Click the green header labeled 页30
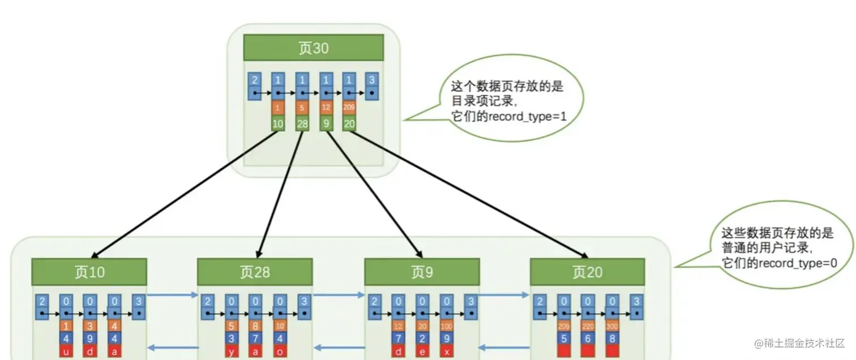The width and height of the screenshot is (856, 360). coord(313,48)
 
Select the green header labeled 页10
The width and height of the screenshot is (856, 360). coord(89,272)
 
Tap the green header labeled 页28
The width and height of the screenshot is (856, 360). coord(255,272)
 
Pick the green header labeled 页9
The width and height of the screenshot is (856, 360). coord(422,272)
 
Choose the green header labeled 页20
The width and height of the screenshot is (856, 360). coord(587,272)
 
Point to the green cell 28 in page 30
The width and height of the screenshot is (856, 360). coord(302,123)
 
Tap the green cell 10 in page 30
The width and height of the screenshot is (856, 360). coord(277,123)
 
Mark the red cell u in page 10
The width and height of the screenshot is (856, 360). coord(66,352)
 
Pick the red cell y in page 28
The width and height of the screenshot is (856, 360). coord(231,352)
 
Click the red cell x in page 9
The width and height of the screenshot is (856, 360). coord(447,352)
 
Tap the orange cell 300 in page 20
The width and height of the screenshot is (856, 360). coord(612,325)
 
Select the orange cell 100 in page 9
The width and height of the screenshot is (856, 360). coord(447,325)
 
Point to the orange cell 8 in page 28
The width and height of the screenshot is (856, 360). coord(256,325)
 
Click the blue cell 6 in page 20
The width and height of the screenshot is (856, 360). coord(588,338)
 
